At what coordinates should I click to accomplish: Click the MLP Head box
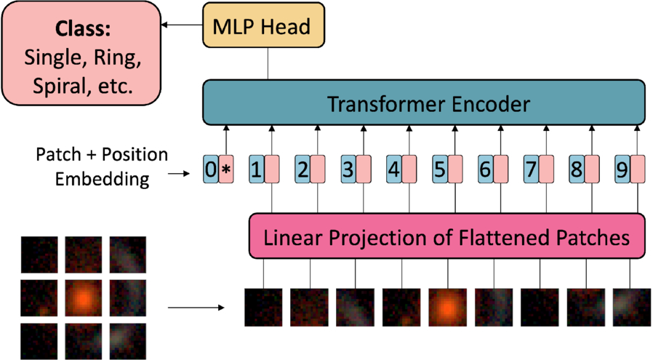pos(263,25)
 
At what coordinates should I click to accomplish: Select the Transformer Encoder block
pos(424,103)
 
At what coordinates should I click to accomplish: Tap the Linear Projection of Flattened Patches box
pos(447,236)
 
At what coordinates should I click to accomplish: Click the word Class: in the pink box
pos(83,29)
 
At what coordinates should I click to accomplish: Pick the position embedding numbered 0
pos(211,169)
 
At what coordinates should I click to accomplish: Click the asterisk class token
pos(226,169)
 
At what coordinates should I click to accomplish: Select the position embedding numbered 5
pos(440,169)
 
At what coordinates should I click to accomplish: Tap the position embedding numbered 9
pos(622,169)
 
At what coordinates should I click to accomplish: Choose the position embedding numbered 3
pos(348,169)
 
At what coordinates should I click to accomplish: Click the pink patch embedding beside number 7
pos(546,169)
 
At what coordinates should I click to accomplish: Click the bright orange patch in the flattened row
pos(447,307)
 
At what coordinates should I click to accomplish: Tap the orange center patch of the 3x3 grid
pos(84,297)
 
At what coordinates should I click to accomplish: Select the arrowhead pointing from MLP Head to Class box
pos(164,25)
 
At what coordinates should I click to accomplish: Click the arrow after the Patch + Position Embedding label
pos(179,173)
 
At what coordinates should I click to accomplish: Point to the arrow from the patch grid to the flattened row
pos(196,308)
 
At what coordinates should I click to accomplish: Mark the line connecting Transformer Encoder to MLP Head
pos(268,63)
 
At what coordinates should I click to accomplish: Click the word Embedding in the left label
pos(103,179)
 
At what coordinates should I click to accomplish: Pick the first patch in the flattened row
pos(263,307)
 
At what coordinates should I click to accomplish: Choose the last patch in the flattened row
pos(631,307)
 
